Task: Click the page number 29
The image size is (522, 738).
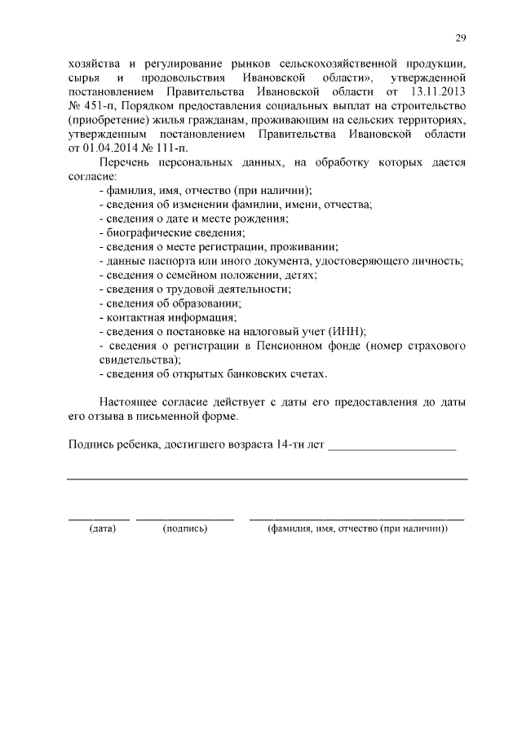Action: coord(461,39)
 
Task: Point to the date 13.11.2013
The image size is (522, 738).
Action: coord(438,92)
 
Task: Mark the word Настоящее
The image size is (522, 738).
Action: coord(130,401)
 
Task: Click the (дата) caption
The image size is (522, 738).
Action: coord(103,529)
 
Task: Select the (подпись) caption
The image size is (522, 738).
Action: coord(186,529)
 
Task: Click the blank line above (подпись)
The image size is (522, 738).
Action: coord(185,519)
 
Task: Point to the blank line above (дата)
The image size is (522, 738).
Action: coord(99,519)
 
